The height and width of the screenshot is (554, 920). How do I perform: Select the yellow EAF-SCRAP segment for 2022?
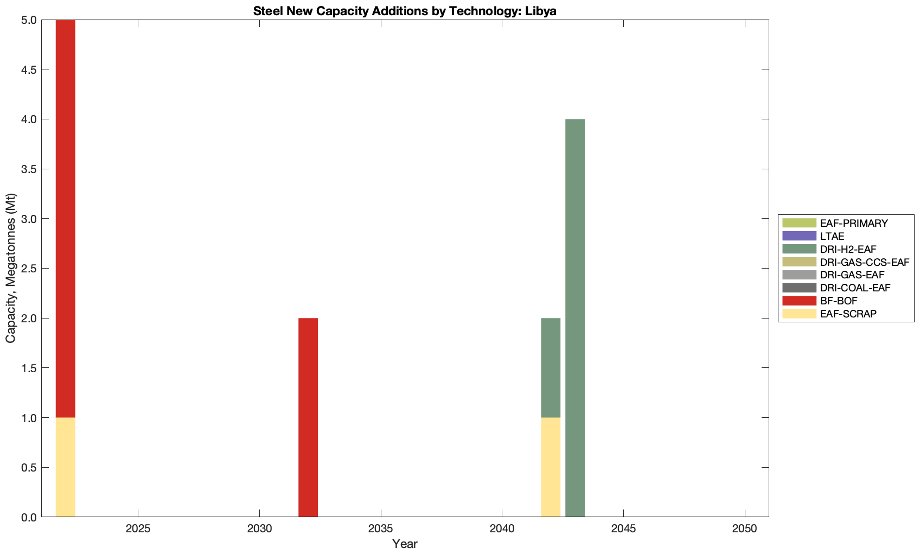[x=65, y=467]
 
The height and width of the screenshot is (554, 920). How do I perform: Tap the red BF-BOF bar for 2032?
[x=308, y=417]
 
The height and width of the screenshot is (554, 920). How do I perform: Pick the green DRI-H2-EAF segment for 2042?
[x=551, y=367]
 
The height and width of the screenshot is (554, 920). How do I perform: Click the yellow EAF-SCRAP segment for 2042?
[x=551, y=467]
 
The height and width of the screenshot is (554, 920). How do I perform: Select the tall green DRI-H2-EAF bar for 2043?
[x=575, y=318]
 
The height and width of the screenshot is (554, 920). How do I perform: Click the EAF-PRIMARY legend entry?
[x=853, y=223]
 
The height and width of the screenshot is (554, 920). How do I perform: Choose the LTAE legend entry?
[x=832, y=236]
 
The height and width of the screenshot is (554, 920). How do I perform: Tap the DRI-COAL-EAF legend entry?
[x=855, y=288]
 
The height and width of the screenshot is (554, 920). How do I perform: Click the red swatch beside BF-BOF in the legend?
[x=799, y=301]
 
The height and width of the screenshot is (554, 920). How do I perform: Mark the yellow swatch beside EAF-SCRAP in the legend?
[x=799, y=314]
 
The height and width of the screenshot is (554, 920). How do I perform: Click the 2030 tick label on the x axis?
[x=259, y=529]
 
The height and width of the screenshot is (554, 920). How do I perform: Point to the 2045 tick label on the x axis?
[x=623, y=529]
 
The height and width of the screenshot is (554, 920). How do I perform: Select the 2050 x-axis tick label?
[x=745, y=529]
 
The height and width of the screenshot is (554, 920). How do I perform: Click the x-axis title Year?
[x=405, y=544]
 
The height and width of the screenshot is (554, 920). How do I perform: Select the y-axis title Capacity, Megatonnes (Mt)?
[x=11, y=268]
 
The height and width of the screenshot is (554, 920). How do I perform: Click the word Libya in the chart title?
[x=540, y=11]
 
